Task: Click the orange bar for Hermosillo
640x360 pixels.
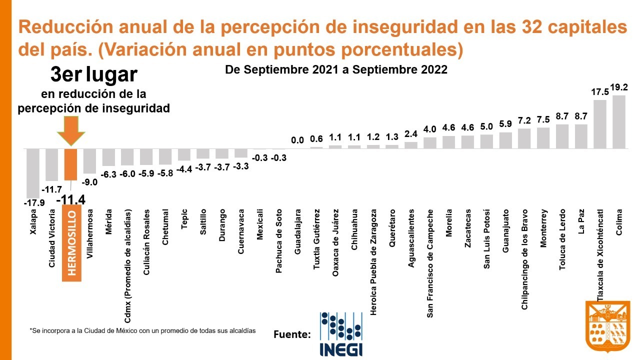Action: click(70, 164)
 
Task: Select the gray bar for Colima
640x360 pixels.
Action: click(619, 121)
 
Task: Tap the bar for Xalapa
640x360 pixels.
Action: click(33, 173)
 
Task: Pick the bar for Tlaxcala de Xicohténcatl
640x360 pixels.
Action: click(600, 124)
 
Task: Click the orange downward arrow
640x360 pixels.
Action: click(71, 131)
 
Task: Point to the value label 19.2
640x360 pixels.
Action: click(619, 87)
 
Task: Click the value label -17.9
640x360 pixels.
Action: click(33, 203)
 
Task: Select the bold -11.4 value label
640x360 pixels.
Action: click(71, 200)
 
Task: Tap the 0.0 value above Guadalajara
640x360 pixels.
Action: click(297, 140)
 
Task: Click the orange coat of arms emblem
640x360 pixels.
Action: click(607, 326)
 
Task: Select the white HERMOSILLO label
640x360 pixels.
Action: click(71, 243)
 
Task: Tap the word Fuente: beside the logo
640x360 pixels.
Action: click(292, 334)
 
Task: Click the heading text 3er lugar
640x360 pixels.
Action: click(94, 75)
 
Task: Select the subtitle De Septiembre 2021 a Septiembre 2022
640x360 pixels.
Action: click(336, 69)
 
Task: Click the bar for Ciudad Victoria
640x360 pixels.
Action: click(52, 164)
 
